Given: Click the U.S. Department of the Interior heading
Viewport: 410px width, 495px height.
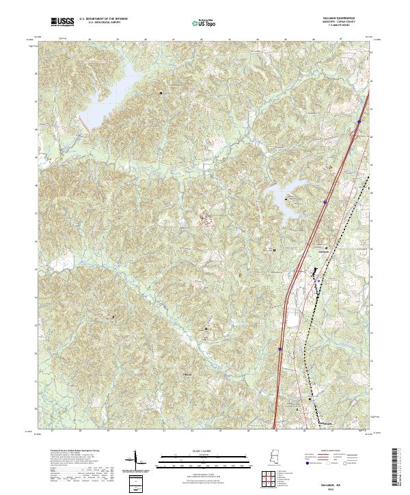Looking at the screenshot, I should pos(102,19).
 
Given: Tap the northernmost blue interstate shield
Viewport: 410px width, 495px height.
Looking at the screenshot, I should pos(358,122).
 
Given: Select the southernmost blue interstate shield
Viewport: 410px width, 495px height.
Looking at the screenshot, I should pos(280,350).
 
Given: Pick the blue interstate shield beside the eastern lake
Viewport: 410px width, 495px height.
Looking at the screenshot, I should pos(325,202).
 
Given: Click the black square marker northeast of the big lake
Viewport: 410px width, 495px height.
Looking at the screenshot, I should pos(161,93).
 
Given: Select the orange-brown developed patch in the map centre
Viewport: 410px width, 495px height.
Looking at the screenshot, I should pos(205,218).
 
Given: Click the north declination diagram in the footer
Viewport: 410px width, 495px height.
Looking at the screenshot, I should pos(134,459).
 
